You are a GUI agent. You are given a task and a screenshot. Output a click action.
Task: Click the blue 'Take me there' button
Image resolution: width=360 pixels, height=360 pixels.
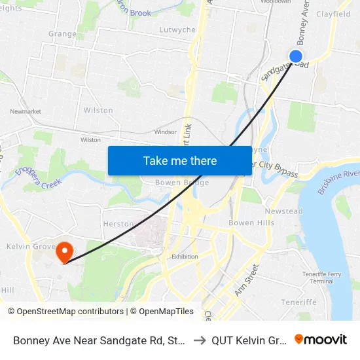click(180, 160)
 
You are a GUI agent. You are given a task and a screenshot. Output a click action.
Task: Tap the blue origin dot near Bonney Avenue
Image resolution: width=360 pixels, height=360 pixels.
click(296, 57)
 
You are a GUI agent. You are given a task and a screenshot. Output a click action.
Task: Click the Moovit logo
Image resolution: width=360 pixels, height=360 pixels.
click(321, 340)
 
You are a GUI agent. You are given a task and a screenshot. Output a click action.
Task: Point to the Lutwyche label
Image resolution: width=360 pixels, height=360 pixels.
click(177, 30)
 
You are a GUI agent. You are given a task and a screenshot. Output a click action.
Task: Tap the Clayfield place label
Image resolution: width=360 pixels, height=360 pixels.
click(333, 14)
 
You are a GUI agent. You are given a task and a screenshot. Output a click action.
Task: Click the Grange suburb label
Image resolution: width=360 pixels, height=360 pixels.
click(62, 34)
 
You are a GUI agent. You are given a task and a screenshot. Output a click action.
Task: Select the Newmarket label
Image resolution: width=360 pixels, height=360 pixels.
click(26, 111)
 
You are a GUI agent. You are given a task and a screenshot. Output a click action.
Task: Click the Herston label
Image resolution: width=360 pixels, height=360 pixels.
click(118, 224)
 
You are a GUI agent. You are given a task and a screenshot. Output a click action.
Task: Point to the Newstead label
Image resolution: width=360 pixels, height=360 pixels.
click(283, 211)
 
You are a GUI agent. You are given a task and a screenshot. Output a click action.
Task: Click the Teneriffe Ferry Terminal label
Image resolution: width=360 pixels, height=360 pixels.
click(321, 277)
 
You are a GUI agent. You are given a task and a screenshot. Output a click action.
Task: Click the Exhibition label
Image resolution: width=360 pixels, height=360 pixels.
click(184, 257)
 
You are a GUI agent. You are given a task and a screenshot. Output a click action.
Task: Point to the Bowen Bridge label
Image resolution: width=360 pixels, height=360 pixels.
click(182, 183)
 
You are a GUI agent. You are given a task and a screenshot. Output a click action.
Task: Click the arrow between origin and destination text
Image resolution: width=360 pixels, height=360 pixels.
click(199, 340)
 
